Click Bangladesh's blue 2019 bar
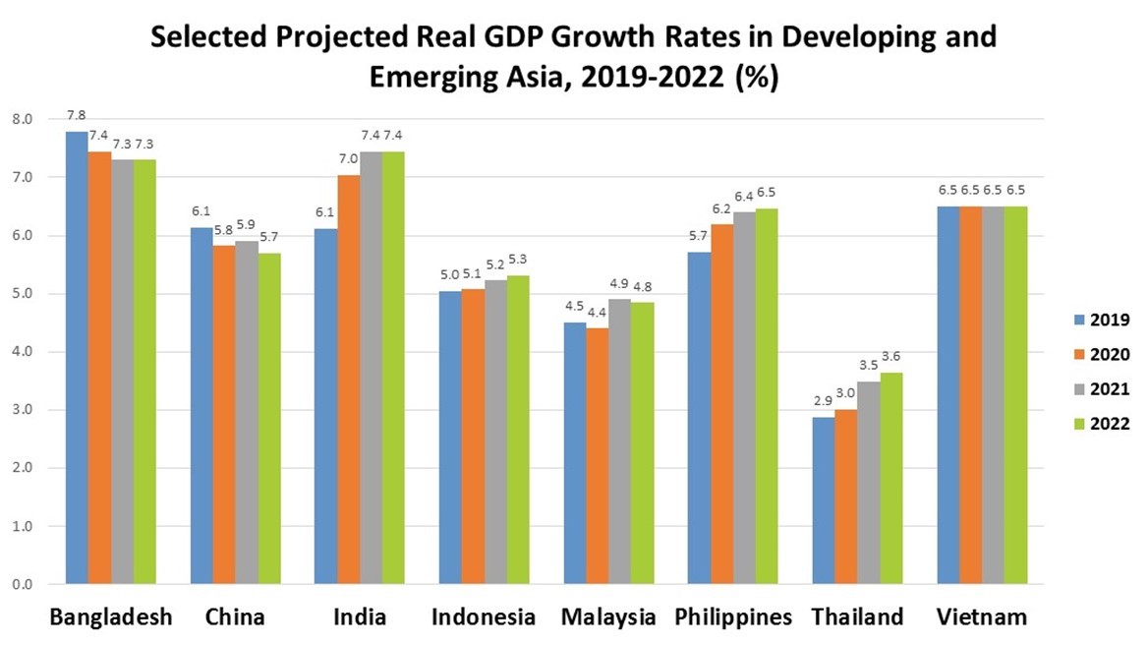pos(77,358)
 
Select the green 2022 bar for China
pos(269,419)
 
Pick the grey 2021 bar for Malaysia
pos(619,441)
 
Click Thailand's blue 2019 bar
pos(823,500)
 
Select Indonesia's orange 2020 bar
pos(474,437)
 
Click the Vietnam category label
pos(981,617)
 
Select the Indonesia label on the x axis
pos(484,617)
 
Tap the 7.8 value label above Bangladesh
pos(76,115)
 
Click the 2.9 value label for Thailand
pos(823,402)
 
